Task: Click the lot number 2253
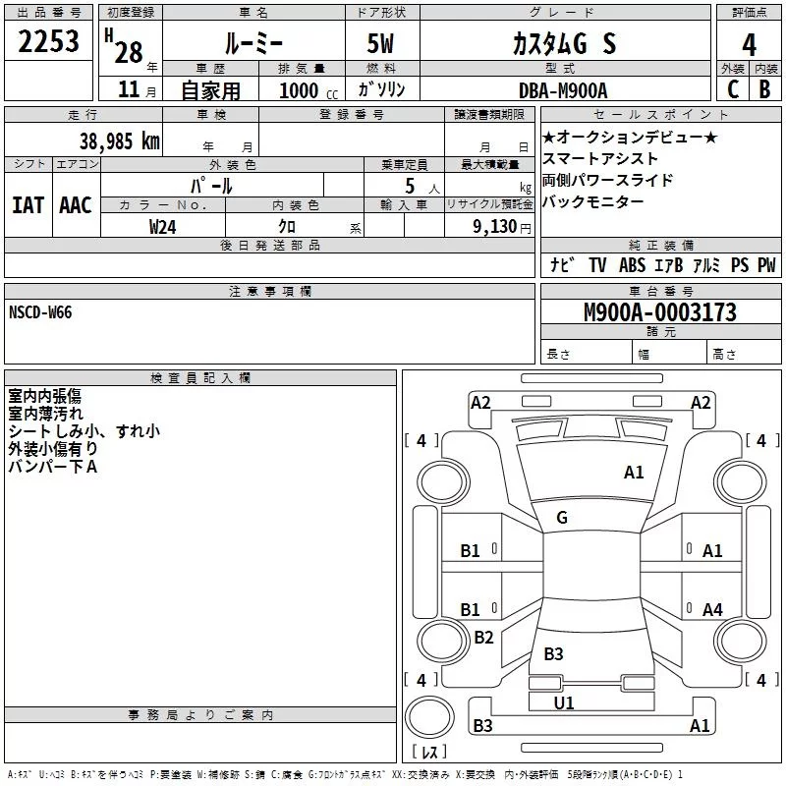point(49,41)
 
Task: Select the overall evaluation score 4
point(749,43)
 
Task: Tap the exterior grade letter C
point(732,89)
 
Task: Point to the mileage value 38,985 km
point(119,140)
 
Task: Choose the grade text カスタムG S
point(564,43)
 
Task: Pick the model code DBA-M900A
point(563,90)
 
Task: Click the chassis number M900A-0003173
point(659,312)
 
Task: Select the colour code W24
point(163,226)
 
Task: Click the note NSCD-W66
point(40,312)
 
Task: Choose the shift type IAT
point(28,204)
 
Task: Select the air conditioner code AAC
point(76,204)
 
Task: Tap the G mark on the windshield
point(562,518)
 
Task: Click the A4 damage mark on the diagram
point(712,610)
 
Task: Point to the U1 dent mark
point(564,702)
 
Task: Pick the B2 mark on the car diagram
point(483,638)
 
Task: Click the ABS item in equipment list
point(632,265)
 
